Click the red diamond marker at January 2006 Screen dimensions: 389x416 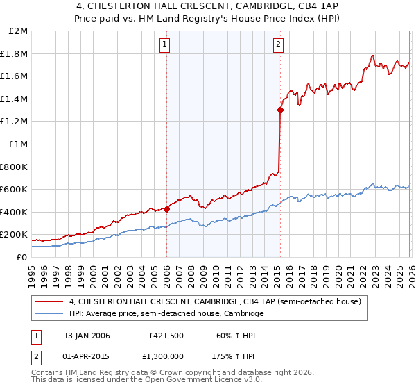coord(167,208)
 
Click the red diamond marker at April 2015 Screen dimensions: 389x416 coord(280,110)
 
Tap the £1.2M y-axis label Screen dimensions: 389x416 coord(15,122)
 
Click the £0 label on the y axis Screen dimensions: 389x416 coord(21,257)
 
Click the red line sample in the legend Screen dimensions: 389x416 coord(50,302)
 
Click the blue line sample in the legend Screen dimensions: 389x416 coord(50,314)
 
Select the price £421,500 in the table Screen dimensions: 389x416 coord(165,336)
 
